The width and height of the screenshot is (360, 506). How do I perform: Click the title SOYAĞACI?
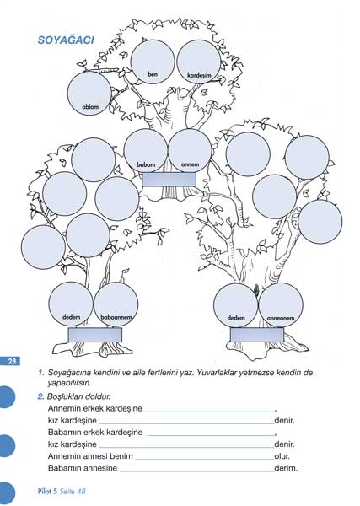pos(66,40)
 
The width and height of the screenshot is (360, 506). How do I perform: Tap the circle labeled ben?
pos(153,62)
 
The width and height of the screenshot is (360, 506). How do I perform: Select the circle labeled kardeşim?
pos(199,62)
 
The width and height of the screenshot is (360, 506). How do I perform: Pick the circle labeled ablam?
pos(89,94)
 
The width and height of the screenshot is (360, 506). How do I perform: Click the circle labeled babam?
pos(146,151)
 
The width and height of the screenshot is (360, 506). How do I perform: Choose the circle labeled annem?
pos(190,151)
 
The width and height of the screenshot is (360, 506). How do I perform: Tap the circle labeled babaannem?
pos(116,304)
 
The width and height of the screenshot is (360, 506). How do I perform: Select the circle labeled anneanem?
pos(281,305)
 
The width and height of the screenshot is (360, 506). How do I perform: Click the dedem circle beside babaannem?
pos(71,304)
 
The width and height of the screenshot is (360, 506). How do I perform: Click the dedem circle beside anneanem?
pos(236,305)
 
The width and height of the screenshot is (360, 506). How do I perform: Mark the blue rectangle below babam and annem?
pos(169,180)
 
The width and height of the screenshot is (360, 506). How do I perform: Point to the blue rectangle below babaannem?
pos(95,335)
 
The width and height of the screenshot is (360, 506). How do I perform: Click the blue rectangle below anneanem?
pos(257,335)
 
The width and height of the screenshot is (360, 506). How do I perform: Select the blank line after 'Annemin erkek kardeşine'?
pos(208,412)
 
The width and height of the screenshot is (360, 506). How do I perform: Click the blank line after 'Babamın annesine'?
pos(196,471)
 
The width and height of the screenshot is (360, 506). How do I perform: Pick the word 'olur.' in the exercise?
pos(282,456)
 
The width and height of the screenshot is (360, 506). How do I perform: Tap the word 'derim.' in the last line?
pos(286,468)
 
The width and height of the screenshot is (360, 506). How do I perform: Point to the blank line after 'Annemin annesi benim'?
pos(205,460)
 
